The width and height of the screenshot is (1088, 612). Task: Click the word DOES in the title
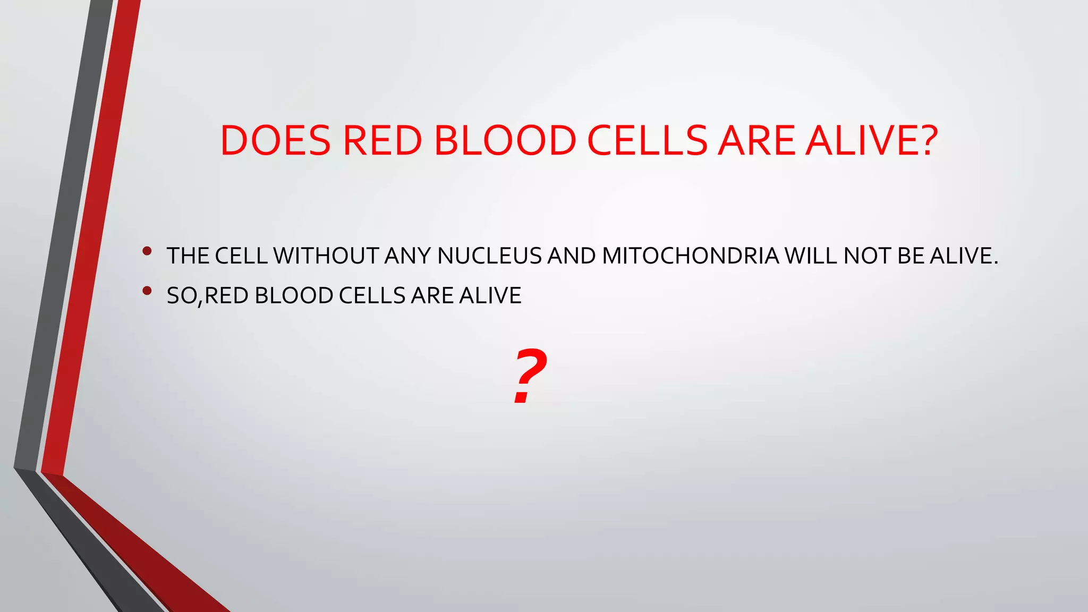(275, 141)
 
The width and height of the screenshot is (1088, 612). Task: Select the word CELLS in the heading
(647, 141)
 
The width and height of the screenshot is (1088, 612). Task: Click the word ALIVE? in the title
(871, 141)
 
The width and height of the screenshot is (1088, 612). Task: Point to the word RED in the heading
(382, 141)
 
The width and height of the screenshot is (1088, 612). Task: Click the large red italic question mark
(529, 376)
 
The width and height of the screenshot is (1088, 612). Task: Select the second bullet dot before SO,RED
(147, 291)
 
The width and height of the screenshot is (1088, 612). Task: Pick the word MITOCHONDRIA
(690, 256)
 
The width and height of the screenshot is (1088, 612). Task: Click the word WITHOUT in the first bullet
(325, 256)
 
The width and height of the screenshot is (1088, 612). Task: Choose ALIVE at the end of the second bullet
(490, 296)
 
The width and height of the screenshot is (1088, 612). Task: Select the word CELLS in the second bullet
(372, 296)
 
